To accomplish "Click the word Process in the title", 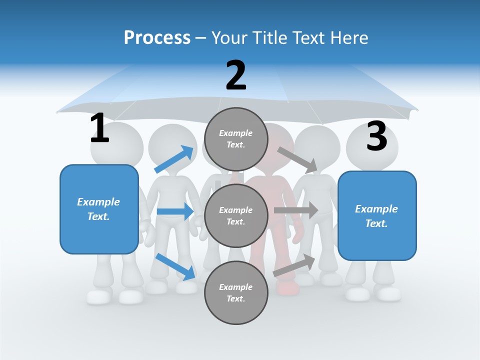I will [x=157, y=38].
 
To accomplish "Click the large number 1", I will [x=99, y=128].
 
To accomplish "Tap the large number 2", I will [x=236, y=75].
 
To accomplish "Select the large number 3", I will [x=376, y=136].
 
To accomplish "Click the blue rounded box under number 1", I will [x=99, y=209].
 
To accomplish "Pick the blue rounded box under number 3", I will [x=377, y=216].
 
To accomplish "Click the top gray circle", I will [x=236, y=139].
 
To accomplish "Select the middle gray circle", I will [x=236, y=215].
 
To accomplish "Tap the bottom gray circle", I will [x=236, y=292].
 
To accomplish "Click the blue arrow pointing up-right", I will [x=174, y=159].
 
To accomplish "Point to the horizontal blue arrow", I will [x=175, y=211].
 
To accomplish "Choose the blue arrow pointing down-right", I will [x=175, y=266].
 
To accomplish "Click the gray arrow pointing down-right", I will [x=297, y=160].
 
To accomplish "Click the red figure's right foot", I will [x=287, y=287].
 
